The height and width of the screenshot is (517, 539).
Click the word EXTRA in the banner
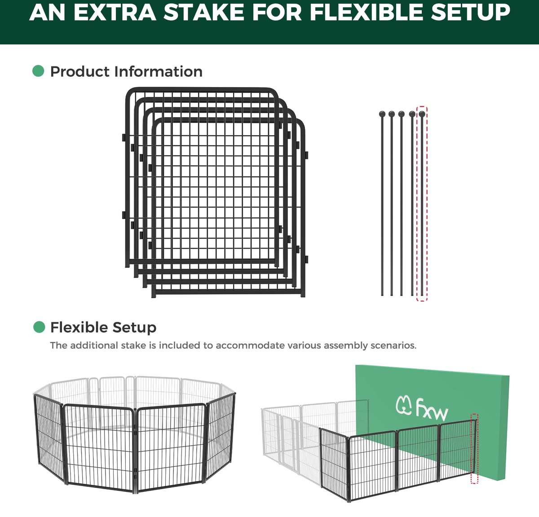point(115,12)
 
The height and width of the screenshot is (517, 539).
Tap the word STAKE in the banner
point(204,12)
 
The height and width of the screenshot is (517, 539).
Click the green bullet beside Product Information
point(38,71)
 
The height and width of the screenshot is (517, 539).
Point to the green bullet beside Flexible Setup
point(39,327)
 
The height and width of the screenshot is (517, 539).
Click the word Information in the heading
point(158,72)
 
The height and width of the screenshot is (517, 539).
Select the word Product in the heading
point(80,72)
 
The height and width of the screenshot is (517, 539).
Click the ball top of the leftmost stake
point(382,114)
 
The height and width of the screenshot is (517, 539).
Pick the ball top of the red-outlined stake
point(422,114)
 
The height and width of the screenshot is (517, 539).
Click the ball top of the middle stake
point(402,114)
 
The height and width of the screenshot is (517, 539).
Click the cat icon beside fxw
point(404,406)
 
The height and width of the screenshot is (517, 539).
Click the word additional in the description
point(94,346)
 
